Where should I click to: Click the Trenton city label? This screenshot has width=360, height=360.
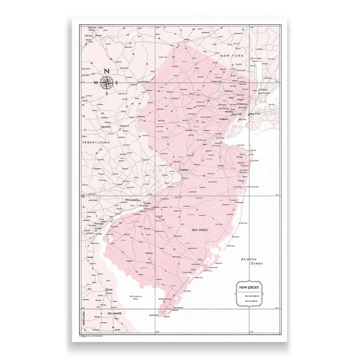(184, 170)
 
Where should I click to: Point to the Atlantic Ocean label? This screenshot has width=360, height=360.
(253, 261)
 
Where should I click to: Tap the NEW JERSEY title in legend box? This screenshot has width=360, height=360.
(249, 288)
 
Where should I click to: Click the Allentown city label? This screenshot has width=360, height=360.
(106, 127)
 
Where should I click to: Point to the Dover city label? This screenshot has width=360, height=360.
(109, 289)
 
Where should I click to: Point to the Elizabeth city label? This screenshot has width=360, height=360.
(226, 119)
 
